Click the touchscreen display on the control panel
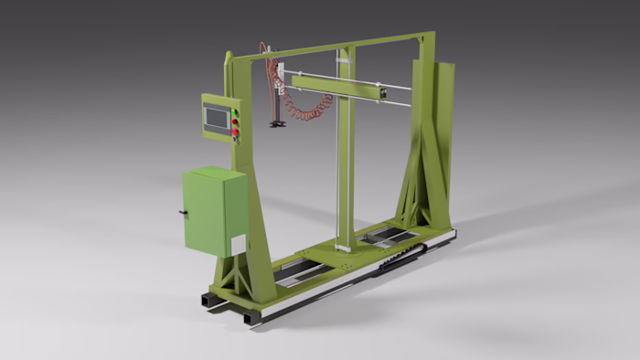pos(218,118)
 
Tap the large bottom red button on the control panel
pos(235,133)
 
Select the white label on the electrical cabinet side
pos(238,245)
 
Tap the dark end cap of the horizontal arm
pos(385,90)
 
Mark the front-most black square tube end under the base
pos(251,317)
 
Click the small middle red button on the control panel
pos(235,124)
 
